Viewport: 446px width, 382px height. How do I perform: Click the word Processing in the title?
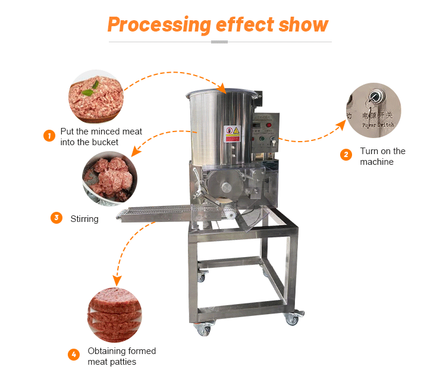(x=159, y=24)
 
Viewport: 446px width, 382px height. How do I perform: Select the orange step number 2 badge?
(x=346, y=155)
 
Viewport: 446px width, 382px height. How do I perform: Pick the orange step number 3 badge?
(x=56, y=218)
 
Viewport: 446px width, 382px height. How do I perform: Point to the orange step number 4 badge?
(x=73, y=355)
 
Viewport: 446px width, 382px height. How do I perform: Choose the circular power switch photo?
(x=374, y=110)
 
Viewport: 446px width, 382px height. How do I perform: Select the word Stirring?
(x=84, y=219)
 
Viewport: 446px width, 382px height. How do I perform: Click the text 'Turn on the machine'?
(x=382, y=156)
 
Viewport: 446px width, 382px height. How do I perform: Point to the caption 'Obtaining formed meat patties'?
(x=121, y=356)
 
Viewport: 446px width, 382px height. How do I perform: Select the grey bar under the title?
(x=219, y=42)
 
